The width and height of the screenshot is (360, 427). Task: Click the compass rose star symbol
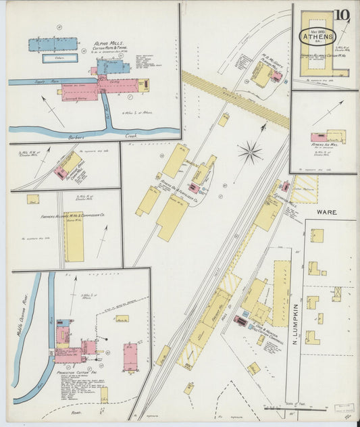click(x=250, y=152)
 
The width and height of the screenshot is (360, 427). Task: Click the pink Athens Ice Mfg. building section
click(x=315, y=137)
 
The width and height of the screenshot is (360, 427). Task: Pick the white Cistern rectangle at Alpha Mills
click(x=59, y=58)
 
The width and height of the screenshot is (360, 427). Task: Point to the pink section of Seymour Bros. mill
click(x=60, y=173)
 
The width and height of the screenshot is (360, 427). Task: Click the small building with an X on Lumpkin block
click(x=336, y=293)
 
